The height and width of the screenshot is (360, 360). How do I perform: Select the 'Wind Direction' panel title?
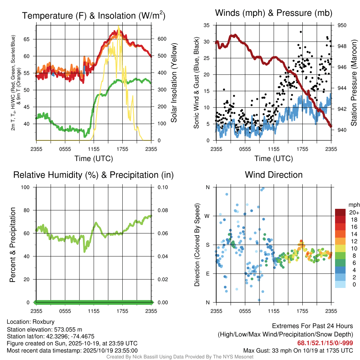[274, 174]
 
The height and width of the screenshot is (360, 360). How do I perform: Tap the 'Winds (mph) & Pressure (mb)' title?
[274, 13]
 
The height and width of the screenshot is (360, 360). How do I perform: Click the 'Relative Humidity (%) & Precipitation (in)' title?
[93, 175]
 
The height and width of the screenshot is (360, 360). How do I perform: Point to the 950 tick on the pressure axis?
[342, 25]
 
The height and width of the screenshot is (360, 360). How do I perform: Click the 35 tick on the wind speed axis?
[207, 25]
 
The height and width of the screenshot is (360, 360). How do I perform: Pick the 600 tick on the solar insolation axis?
[161, 39]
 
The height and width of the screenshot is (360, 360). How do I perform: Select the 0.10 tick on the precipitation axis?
[162, 187]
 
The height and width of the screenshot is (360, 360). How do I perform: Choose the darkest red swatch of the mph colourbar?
[340, 212]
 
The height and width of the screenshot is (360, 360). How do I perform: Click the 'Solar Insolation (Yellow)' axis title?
[174, 83]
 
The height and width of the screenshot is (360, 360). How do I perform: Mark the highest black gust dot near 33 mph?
[301, 32]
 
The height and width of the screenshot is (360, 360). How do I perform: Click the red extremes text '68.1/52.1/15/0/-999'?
[325, 343]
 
